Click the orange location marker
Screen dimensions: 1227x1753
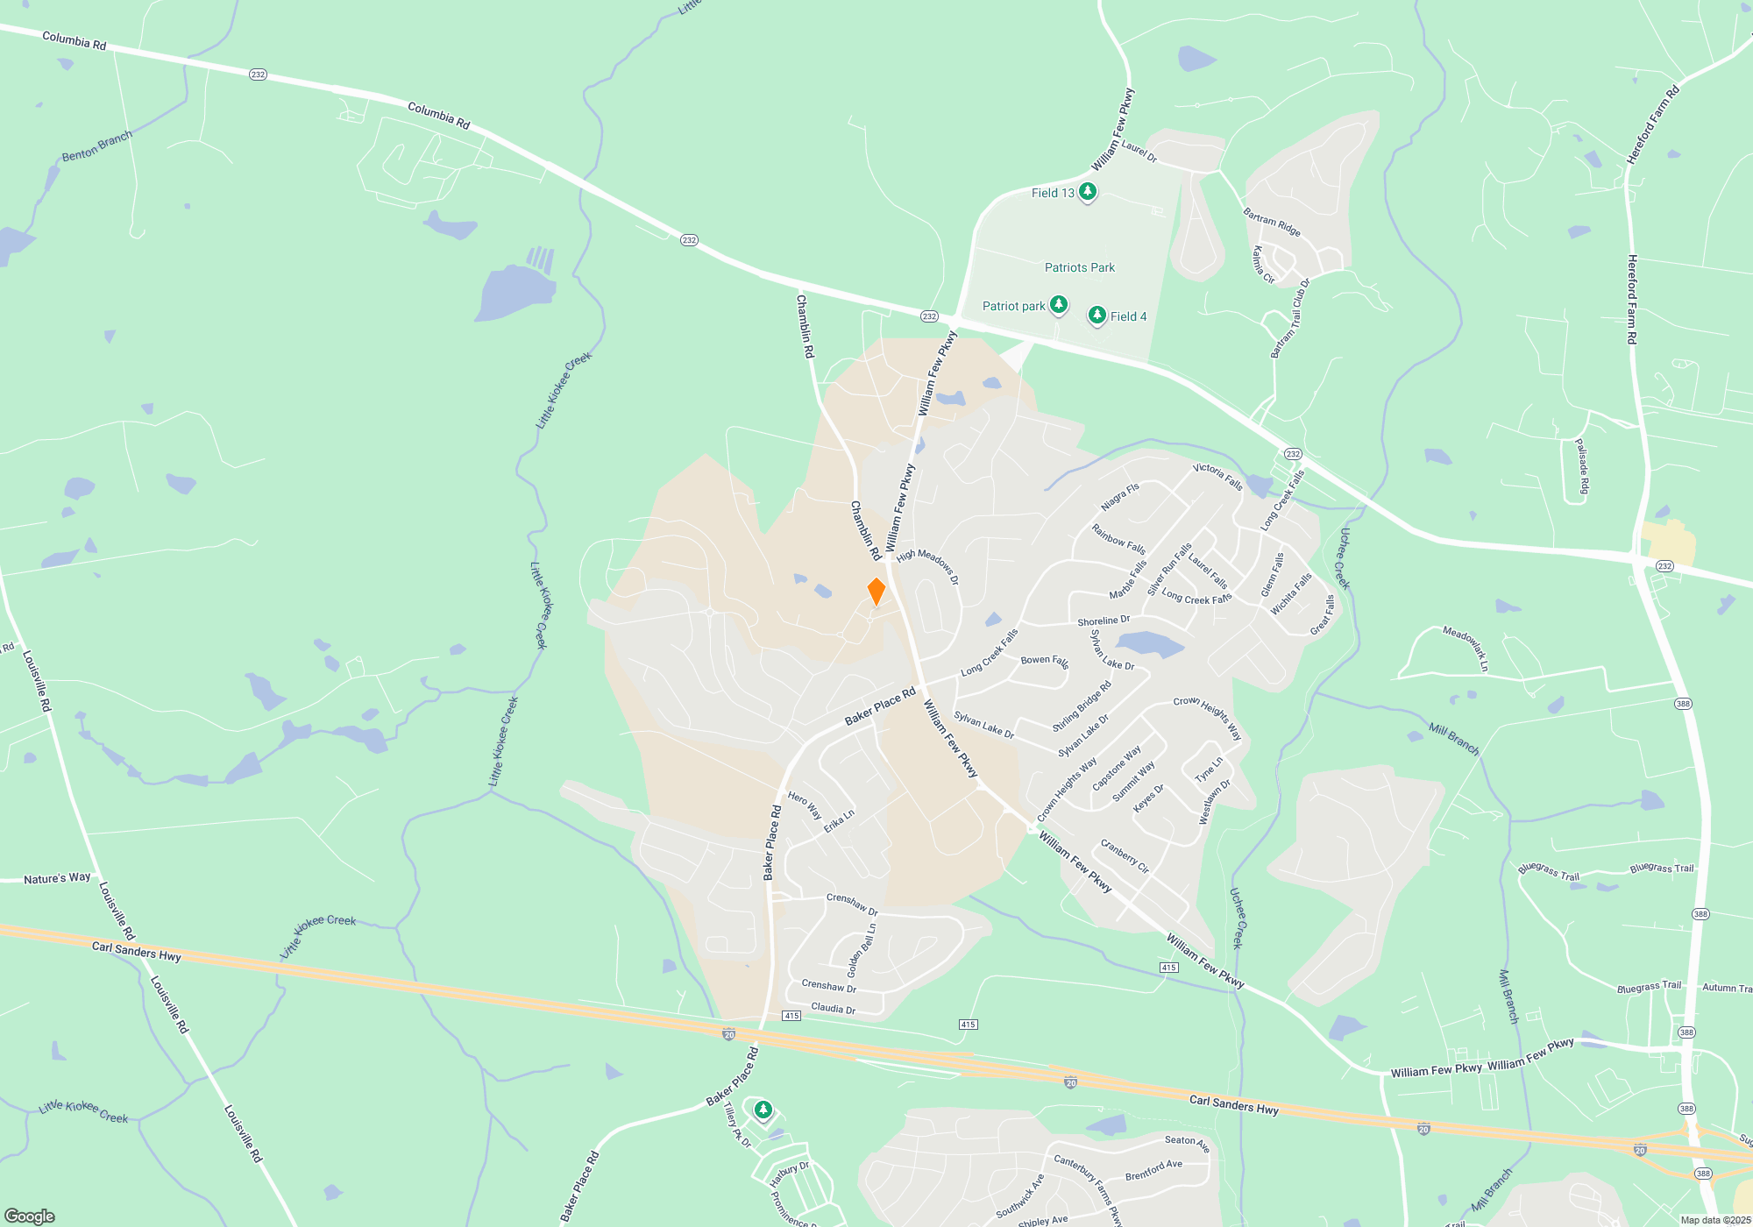[x=876, y=592]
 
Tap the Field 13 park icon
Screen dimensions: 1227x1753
[x=1087, y=191]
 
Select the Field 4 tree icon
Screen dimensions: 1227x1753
[x=1097, y=315]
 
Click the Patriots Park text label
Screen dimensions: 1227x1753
[x=1079, y=267]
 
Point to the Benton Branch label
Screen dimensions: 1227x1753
[x=96, y=146]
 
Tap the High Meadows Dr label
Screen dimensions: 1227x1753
[x=927, y=566]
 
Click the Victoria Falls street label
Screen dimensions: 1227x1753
[x=1217, y=476]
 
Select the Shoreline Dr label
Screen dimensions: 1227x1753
[x=1103, y=621]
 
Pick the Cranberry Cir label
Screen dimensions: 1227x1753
[x=1125, y=856]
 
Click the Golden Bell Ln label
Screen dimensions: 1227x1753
[x=861, y=950]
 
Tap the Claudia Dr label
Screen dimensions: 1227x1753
[x=833, y=1008]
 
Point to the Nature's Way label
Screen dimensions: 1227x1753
[x=57, y=878]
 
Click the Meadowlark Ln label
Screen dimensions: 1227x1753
[x=1466, y=649]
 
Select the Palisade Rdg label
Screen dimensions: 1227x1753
[x=1582, y=467]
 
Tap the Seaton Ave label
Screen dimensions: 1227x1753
[x=1187, y=1143]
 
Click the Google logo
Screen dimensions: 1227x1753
[x=30, y=1216]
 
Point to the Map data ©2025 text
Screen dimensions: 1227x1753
[x=1714, y=1220]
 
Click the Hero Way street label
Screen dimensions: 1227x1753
[x=805, y=805]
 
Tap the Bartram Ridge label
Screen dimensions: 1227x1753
[x=1271, y=222]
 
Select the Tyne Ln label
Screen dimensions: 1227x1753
[x=1209, y=770]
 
